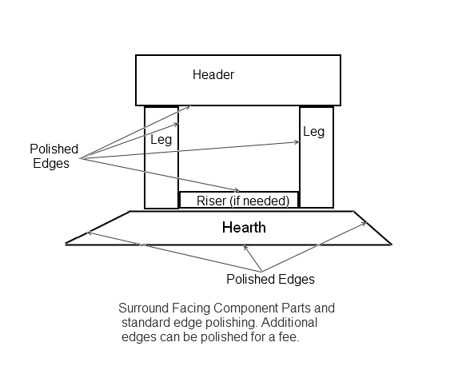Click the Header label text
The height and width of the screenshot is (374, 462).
coord(213,74)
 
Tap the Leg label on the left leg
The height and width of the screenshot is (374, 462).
coord(161,140)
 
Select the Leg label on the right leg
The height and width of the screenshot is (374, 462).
coord(314,131)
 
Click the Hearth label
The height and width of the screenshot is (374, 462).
coord(244,228)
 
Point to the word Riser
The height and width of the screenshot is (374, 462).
coord(211,201)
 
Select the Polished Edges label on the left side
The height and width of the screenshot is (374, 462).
coord(54,156)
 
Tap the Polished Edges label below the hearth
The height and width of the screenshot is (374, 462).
coord(270,279)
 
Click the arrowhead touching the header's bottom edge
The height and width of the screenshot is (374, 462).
coord(189,107)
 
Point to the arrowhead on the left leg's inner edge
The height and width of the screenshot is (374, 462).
coord(177,125)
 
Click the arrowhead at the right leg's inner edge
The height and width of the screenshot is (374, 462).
coord(297,142)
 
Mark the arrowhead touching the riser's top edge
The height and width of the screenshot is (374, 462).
coord(237,190)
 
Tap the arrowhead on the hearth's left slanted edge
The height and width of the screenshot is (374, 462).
coord(90,233)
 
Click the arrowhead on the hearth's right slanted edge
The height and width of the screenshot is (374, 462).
coord(364,224)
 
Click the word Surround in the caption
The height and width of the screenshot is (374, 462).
coord(144,308)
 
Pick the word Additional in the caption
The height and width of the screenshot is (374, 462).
coord(289,323)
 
